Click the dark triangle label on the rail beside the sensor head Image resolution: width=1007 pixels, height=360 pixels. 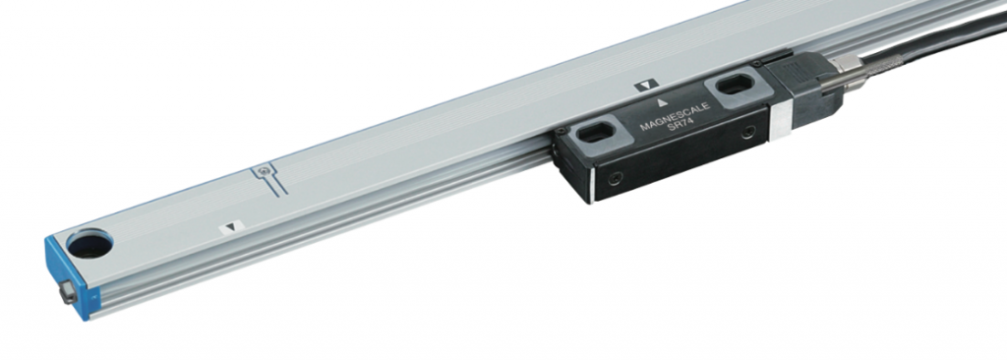pos(645,86)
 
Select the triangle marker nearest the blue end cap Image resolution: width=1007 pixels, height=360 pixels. pos(230,226)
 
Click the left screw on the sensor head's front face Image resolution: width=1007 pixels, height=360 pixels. pos(615,179)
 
